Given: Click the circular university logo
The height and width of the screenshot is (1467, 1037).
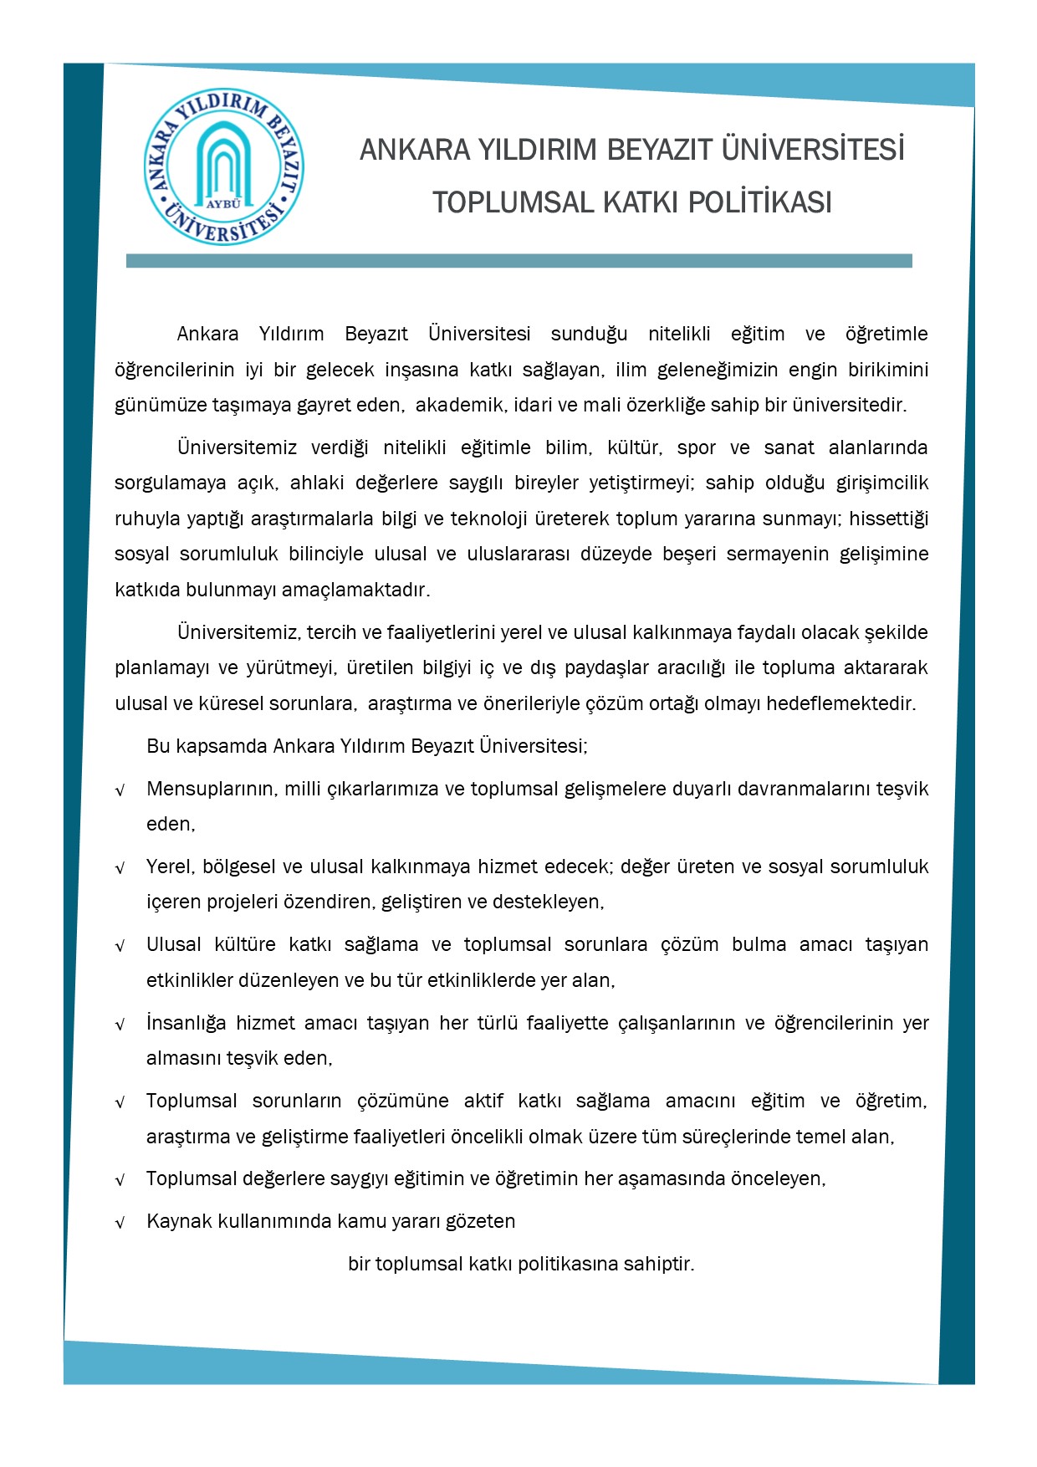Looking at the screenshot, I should (223, 167).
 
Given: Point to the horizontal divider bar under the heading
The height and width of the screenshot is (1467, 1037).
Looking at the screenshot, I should (518, 261).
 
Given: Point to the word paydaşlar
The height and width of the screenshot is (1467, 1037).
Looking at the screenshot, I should (607, 668).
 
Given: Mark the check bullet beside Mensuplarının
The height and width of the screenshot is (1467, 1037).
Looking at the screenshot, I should (120, 790).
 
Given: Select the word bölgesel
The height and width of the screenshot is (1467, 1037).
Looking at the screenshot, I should (242, 867).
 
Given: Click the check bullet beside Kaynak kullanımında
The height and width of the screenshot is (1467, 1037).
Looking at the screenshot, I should (120, 1223).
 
